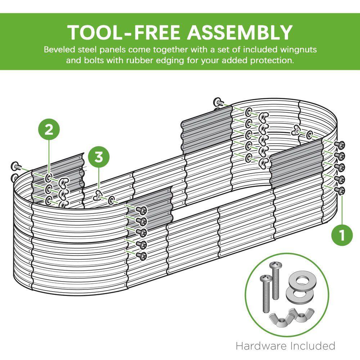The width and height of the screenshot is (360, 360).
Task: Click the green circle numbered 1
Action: pos(342,235)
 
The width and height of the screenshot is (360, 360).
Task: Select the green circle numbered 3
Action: pos(99,158)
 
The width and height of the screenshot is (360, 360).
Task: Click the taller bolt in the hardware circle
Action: pos(275,280)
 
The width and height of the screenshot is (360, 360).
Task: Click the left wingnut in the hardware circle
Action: pos(281,319)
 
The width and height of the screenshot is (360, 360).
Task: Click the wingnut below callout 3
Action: pos(98,195)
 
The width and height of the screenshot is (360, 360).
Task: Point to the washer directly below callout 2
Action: pos(49,177)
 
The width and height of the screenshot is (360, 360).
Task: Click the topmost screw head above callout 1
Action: pos(339,145)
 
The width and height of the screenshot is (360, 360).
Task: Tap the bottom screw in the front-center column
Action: pos(141,256)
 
